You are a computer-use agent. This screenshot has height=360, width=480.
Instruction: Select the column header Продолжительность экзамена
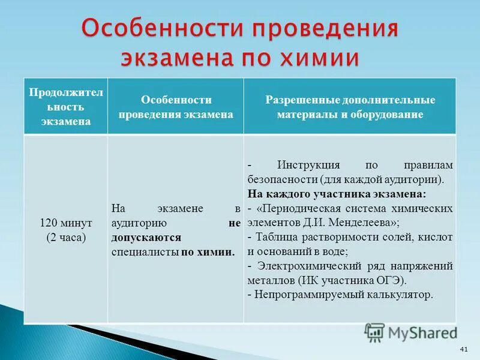tap(66, 106)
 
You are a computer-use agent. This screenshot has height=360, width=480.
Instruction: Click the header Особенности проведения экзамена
tap(176, 106)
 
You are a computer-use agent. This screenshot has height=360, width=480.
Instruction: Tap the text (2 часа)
tap(66, 237)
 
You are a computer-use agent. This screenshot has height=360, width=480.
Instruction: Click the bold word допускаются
tap(146, 237)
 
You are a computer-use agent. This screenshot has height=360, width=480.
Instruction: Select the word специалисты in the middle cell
tap(145, 251)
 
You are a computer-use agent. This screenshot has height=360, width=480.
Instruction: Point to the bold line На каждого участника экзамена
tap(336, 194)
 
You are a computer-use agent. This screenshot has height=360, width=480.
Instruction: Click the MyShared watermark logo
tap(411, 332)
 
